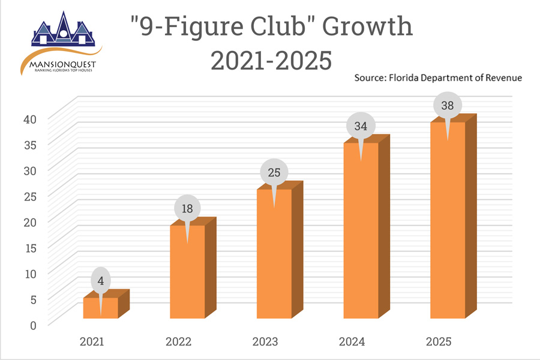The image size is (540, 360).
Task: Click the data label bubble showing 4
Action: point(101,280)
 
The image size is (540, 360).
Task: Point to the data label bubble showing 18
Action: point(188,208)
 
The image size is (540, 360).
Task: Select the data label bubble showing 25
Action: point(274,173)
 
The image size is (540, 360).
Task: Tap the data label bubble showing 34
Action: point(361,126)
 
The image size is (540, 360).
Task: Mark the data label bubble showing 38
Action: point(448,105)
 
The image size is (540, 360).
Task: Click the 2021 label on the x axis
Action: point(92,342)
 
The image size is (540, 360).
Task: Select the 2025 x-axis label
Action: point(439,342)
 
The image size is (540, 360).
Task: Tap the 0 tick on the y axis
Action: point(34,325)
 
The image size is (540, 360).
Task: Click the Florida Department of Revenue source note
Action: point(438,77)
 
